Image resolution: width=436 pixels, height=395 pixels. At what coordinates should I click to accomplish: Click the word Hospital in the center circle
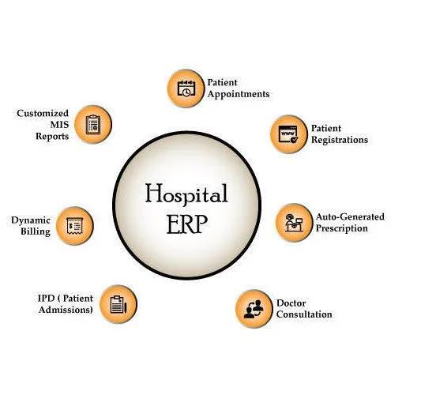(186, 194)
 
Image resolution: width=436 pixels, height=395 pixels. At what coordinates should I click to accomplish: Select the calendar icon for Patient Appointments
(186, 88)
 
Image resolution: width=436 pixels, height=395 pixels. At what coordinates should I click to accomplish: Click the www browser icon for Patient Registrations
(288, 134)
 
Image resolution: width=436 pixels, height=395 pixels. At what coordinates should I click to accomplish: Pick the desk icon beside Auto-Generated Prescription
(294, 223)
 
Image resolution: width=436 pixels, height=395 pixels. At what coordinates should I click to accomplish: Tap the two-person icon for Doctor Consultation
(254, 309)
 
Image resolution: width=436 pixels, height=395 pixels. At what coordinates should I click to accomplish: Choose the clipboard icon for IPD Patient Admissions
(118, 304)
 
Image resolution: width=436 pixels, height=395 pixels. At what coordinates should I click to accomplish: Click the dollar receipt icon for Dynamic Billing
(75, 226)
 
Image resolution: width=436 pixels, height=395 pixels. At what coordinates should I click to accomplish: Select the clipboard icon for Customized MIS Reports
(93, 125)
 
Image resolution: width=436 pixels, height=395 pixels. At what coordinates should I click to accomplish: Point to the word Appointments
(239, 94)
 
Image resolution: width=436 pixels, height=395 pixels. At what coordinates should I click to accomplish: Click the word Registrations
(340, 140)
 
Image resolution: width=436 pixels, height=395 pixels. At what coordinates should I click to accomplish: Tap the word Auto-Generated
(350, 216)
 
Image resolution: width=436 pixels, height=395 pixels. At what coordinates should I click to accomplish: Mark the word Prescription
(342, 228)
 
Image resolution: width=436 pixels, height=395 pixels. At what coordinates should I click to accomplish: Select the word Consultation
(304, 314)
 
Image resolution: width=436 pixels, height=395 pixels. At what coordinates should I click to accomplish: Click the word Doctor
(291, 303)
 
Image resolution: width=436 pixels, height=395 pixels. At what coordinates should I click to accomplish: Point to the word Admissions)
(66, 310)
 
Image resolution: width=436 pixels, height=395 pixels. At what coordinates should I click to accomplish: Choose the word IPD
(46, 298)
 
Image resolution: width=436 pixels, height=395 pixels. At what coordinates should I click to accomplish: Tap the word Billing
(36, 231)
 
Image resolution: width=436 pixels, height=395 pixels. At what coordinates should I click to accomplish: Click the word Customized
(43, 113)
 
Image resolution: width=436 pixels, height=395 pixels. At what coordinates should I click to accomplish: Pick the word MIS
(59, 125)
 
